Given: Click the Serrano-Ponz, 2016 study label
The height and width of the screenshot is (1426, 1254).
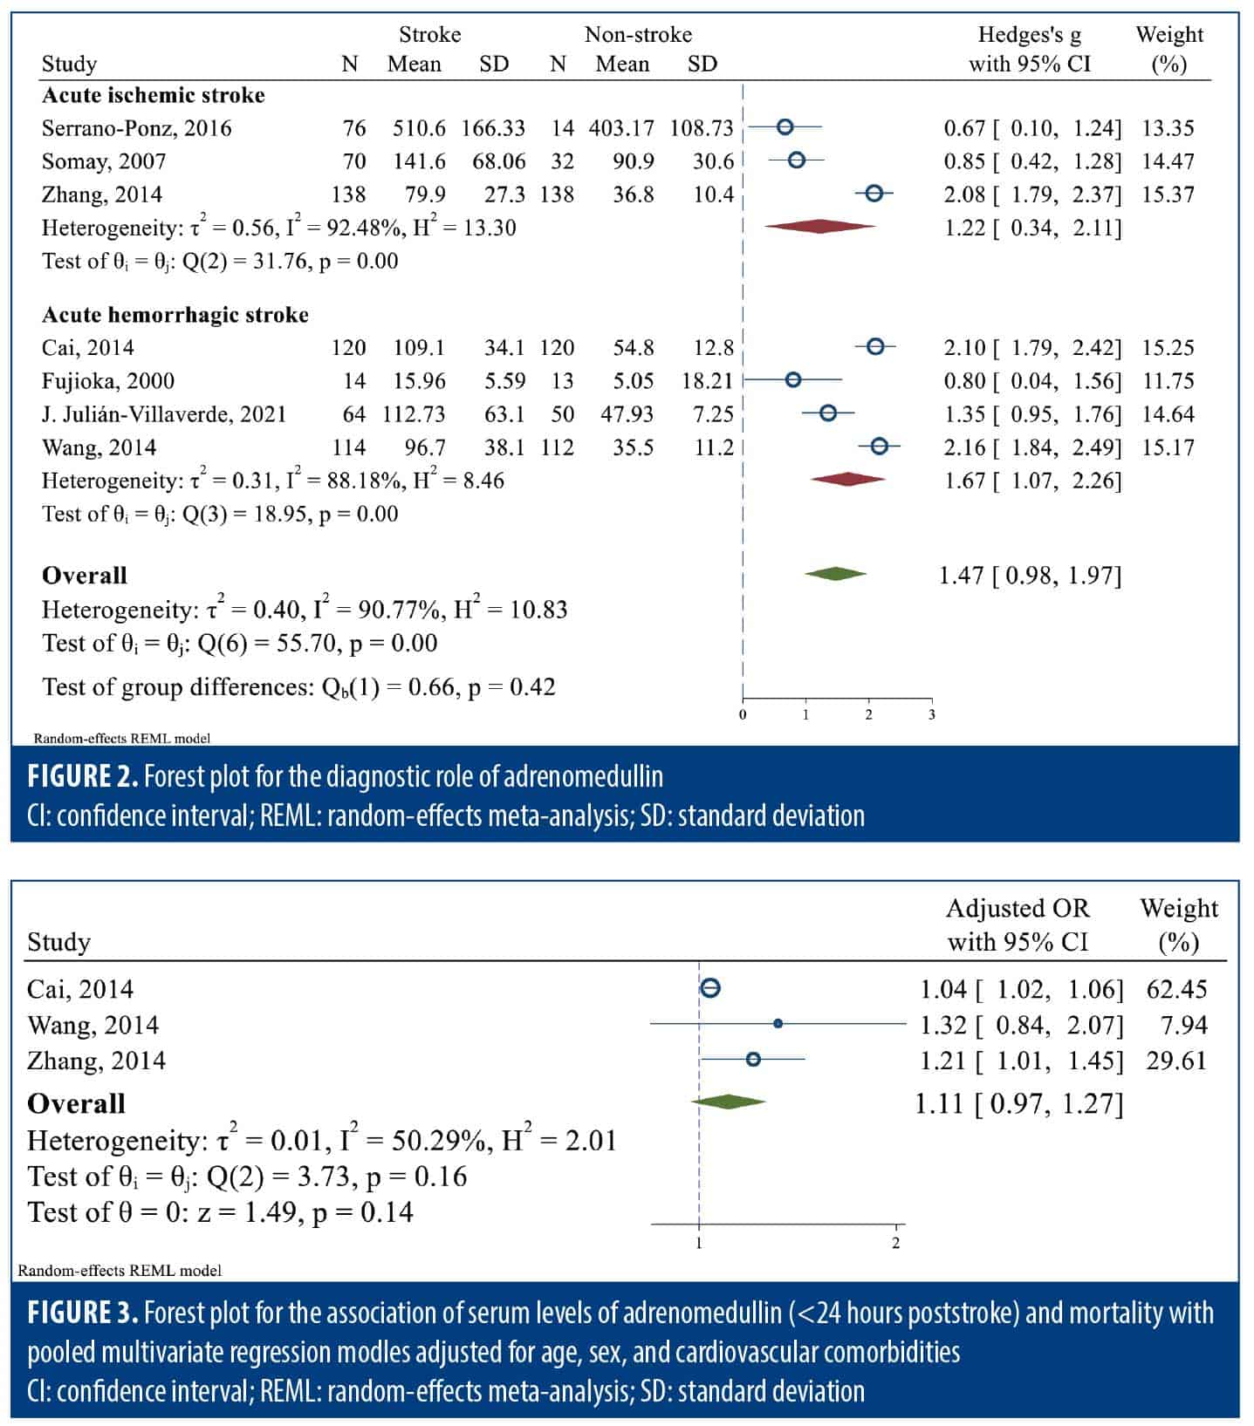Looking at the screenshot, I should click(x=137, y=128).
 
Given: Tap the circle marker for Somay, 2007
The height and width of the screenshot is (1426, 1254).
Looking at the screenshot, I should click(x=796, y=160).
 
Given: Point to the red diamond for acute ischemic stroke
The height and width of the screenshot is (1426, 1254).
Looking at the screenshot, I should click(x=819, y=227).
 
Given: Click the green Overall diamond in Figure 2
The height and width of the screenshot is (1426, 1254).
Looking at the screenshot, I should click(x=835, y=574).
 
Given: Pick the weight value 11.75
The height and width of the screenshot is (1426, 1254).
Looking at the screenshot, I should click(x=1168, y=381).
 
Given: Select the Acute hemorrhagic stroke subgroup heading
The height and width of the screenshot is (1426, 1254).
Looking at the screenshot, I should click(x=175, y=315).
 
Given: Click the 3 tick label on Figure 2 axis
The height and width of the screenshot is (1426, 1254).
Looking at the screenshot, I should click(x=932, y=715).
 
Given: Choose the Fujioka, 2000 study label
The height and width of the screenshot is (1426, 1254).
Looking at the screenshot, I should click(x=108, y=381).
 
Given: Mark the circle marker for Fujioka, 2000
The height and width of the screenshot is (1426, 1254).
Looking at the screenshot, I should click(x=792, y=379).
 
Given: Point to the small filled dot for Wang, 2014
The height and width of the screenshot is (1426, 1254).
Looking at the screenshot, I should click(x=778, y=1024).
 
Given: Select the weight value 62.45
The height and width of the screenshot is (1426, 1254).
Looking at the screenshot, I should click(x=1176, y=989).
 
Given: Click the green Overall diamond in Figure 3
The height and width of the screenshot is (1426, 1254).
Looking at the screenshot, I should click(x=729, y=1102).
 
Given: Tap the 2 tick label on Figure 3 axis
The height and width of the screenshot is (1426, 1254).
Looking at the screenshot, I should click(x=896, y=1243).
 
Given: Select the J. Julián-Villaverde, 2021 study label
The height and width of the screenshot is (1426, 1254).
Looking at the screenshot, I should click(x=164, y=414).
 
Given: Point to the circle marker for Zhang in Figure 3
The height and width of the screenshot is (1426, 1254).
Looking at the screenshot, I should click(x=753, y=1059).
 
